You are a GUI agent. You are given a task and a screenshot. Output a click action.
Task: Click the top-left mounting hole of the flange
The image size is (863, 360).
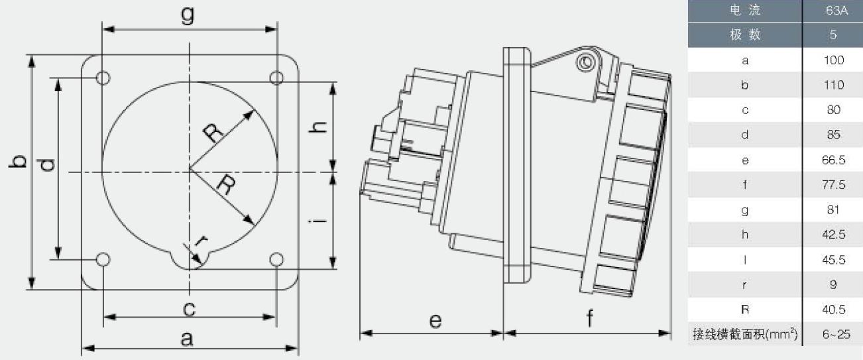pyautogui.click(x=103, y=78)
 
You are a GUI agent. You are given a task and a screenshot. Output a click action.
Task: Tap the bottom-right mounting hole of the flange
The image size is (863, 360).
pyautogui.click(x=276, y=259)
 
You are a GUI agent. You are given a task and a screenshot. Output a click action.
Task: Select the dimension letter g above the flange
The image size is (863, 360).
pyautogui.click(x=188, y=15)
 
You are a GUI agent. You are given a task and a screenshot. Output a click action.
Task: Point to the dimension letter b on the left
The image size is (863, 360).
pyautogui.click(x=18, y=162)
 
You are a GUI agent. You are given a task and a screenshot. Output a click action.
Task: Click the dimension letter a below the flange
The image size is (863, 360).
pyautogui.click(x=187, y=339)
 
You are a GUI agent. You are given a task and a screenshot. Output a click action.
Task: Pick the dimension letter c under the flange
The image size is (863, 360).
pyautogui.click(x=189, y=309)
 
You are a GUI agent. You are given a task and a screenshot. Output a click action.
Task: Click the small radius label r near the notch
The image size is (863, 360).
pyautogui.click(x=201, y=241)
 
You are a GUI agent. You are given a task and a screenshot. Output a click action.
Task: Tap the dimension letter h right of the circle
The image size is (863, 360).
pyautogui.click(x=318, y=127)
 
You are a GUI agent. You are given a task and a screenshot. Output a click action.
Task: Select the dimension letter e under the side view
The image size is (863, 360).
pyautogui.click(x=435, y=321)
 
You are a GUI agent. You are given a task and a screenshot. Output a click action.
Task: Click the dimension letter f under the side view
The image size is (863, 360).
pyautogui.click(x=589, y=318)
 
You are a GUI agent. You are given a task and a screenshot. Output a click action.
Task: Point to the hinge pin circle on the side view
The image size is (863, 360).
pyautogui.click(x=586, y=62)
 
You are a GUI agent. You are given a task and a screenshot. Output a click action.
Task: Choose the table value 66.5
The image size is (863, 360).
pyautogui.click(x=833, y=160)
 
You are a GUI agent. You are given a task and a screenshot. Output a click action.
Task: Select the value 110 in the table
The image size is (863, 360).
pyautogui.click(x=834, y=85)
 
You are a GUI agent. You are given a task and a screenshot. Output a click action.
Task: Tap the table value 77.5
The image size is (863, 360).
pyautogui.click(x=833, y=184)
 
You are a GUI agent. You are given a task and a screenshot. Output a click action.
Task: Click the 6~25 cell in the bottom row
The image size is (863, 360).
pyautogui.click(x=836, y=334)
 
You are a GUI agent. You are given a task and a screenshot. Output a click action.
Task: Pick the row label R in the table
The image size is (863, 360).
pyautogui.click(x=745, y=310)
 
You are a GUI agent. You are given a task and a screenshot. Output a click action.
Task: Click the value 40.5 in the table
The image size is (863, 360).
pyautogui.click(x=833, y=310)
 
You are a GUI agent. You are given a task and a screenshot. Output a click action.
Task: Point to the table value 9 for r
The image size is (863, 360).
pyautogui.click(x=833, y=284)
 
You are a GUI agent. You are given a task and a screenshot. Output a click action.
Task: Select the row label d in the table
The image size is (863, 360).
pyautogui.click(x=745, y=135)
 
